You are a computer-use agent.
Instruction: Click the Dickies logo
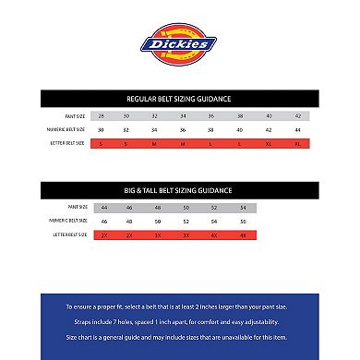tap(179, 44)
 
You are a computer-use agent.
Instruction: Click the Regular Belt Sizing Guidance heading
tap(179, 97)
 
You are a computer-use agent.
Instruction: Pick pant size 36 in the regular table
tap(210, 116)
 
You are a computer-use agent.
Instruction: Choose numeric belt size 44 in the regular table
tap(297, 130)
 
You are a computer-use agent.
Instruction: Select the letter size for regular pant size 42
tap(297, 144)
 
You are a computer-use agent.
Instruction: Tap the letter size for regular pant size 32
tap(156, 144)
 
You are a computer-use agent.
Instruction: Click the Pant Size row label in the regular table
tap(69, 116)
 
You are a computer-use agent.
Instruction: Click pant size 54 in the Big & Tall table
tap(243, 209)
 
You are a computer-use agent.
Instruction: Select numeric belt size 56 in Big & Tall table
tap(243, 222)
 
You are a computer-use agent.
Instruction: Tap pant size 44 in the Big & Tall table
tap(103, 209)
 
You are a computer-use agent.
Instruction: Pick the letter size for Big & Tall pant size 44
tap(103, 236)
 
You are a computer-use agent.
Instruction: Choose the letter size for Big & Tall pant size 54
tap(243, 236)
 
